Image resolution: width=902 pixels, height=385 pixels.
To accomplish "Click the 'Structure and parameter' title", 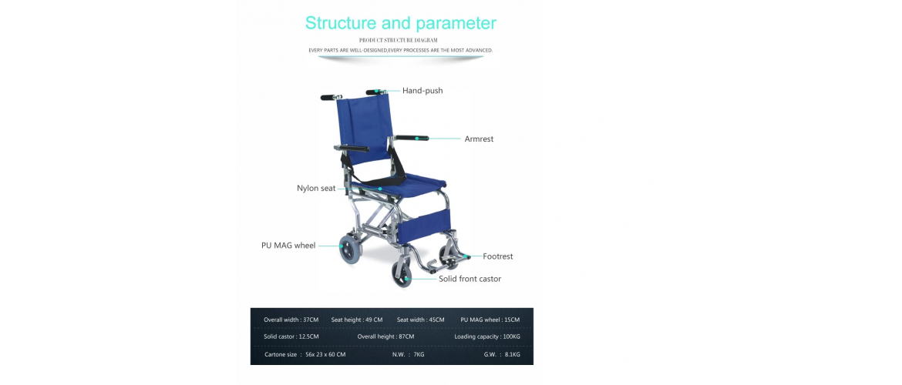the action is click(400, 23).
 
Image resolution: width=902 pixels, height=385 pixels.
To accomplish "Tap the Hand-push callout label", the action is click(422, 91).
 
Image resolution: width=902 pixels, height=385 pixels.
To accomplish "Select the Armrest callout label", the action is click(479, 139).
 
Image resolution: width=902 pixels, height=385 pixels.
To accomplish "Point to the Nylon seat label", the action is click(316, 189).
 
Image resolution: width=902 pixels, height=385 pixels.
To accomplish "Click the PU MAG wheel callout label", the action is click(288, 246).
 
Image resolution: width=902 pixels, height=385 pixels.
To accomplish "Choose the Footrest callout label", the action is click(497, 256).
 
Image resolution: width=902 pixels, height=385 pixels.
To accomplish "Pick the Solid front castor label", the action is click(470, 279).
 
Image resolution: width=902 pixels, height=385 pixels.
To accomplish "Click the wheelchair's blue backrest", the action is click(364, 129).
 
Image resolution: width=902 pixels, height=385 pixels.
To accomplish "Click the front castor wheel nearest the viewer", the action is click(402, 273).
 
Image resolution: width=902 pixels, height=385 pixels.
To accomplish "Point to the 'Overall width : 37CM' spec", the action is click(291, 320).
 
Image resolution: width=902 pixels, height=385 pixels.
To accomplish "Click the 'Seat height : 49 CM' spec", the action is click(357, 320).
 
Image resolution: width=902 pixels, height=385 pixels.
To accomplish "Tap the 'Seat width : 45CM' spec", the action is click(420, 320).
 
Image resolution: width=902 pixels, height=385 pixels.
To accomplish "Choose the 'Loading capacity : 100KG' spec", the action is click(487, 336).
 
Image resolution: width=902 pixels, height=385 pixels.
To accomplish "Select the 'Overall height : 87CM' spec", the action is click(385, 336).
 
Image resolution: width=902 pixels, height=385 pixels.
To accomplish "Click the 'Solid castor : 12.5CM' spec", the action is click(291, 336).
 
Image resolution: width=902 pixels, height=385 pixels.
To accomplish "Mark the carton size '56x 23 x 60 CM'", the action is click(325, 354).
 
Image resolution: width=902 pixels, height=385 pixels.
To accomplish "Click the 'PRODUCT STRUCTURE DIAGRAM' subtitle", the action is click(398, 40).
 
